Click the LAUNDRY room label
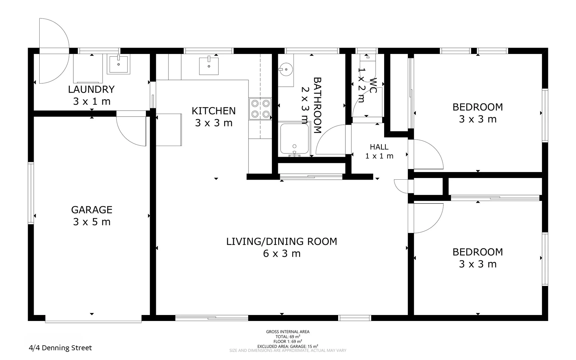coord(91,89)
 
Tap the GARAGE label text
coord(92,210)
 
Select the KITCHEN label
coord(214,111)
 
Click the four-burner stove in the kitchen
coord(260,109)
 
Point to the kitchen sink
coord(209,66)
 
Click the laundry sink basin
coord(118,64)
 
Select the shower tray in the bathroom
coord(294,139)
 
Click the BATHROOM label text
coord(317,105)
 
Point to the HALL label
coord(379,147)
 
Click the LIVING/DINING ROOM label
coord(282,241)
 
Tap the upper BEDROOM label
coord(477,107)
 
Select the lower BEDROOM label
coord(477,252)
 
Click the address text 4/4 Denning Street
coord(60,348)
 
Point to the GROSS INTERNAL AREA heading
coord(288,332)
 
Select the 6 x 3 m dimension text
coord(282,254)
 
